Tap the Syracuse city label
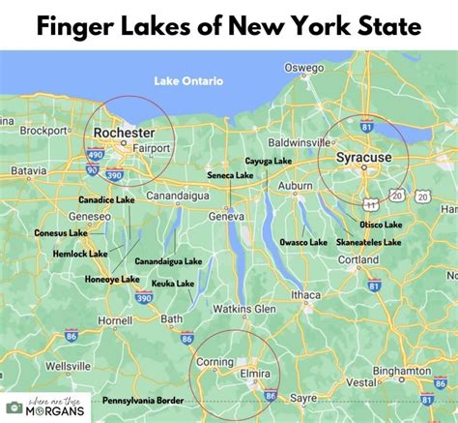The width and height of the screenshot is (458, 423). [x=362, y=155]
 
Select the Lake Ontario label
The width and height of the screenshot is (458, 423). [x=189, y=81]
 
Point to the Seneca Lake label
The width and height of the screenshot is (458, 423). [x=230, y=175]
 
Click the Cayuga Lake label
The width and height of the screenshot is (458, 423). [x=269, y=161]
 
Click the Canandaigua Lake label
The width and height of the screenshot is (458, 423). [x=168, y=261]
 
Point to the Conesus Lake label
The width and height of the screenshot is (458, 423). [x=61, y=232]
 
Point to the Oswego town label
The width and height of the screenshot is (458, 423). [x=303, y=67]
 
